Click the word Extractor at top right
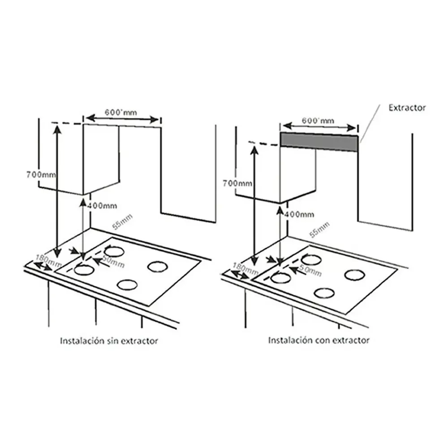click(x=407, y=108)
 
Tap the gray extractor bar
click(x=319, y=142)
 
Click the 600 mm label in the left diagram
click(x=121, y=112)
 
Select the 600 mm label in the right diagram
click(x=318, y=121)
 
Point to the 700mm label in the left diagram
click(x=41, y=174)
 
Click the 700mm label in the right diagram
click(x=237, y=183)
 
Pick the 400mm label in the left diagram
click(x=102, y=206)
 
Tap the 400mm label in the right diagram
click(x=299, y=214)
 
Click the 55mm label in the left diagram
click(x=122, y=222)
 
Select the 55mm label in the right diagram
click(x=319, y=230)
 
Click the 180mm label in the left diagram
click(x=48, y=260)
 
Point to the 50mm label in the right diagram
click(x=310, y=270)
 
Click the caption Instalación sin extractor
click(x=109, y=341)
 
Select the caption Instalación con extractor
click(x=319, y=340)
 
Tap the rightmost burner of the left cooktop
click(x=157, y=266)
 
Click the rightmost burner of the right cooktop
click(x=354, y=275)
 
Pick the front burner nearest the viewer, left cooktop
click(x=127, y=285)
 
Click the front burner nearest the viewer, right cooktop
click(x=324, y=293)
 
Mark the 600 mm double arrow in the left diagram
click(x=122, y=119)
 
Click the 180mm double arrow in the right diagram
click(x=240, y=275)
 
